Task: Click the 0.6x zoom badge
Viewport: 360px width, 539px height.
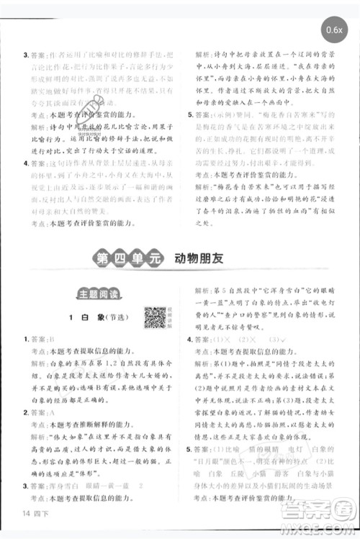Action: (333, 30)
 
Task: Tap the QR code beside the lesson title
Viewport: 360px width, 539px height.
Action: (154, 317)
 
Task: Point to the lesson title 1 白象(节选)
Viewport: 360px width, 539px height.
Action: (92, 317)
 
